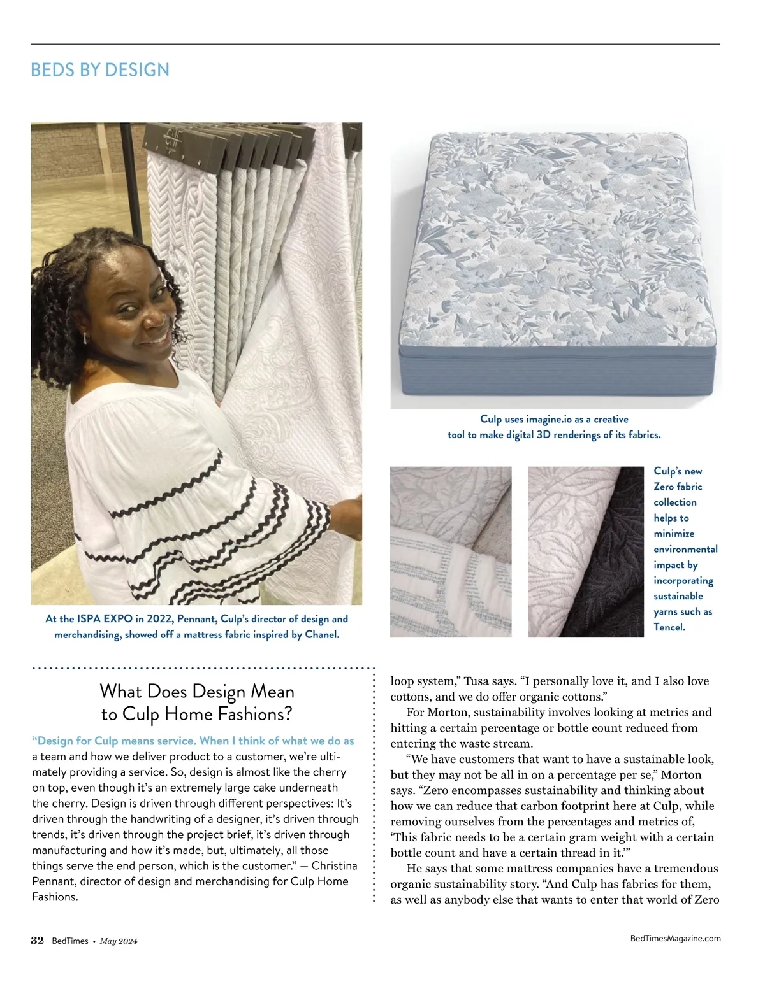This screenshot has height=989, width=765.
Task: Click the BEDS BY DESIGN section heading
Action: coord(100,69)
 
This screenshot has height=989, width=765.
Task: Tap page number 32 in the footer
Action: coord(37,941)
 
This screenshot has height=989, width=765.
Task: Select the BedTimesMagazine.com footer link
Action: coord(675,938)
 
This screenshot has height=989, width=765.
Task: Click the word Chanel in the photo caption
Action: coord(321,634)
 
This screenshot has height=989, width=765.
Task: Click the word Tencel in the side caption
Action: coord(669,627)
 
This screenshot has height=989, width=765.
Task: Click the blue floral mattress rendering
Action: coord(555,242)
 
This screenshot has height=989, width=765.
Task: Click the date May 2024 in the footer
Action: coord(119,941)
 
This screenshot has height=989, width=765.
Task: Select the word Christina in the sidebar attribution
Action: coord(334,866)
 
